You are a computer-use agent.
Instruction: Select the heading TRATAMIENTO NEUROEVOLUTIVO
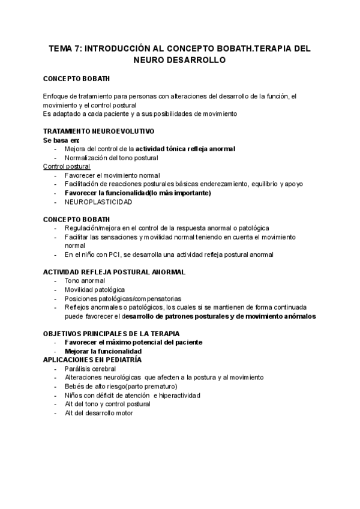click(x=99, y=131)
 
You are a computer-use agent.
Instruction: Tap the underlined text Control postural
click(x=67, y=166)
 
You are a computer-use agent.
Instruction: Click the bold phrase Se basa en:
click(x=61, y=140)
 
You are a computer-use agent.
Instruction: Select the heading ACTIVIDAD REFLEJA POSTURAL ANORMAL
click(x=114, y=272)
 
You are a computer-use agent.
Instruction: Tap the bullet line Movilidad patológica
click(x=95, y=289)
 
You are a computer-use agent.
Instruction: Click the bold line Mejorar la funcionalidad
click(x=103, y=351)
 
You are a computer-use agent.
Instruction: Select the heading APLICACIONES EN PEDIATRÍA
click(x=92, y=360)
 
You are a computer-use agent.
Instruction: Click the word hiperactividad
click(x=179, y=396)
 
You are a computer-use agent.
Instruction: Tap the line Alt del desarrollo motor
click(x=98, y=413)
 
